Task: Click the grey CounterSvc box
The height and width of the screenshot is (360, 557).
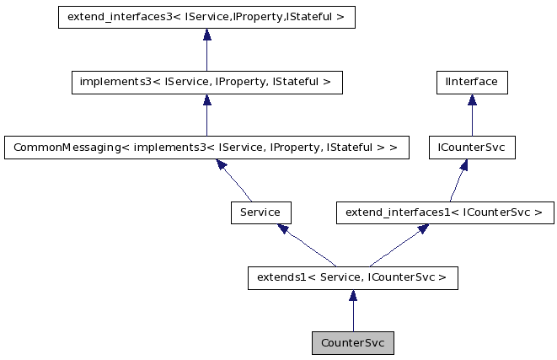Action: click(352, 343)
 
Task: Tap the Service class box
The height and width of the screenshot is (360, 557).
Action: click(260, 212)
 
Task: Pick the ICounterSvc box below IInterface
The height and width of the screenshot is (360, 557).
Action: click(471, 148)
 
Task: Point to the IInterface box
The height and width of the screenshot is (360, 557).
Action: click(471, 83)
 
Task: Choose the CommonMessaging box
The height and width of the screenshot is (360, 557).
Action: click(206, 148)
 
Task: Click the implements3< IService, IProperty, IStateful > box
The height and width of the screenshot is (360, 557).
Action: click(206, 83)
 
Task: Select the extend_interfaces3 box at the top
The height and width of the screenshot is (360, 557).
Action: click(206, 18)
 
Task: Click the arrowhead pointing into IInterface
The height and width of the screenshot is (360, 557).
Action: click(471, 100)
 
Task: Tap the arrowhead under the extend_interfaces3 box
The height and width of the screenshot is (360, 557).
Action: click(206, 35)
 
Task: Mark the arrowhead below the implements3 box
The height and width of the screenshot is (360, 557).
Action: click(206, 100)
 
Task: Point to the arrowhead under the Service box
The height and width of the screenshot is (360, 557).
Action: click(283, 228)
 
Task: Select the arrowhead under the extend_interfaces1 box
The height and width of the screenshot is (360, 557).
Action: click(422, 228)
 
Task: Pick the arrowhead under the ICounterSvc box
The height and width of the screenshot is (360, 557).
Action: click(464, 165)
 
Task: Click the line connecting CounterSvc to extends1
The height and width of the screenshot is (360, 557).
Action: click(352, 317)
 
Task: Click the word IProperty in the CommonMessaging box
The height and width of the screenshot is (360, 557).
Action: click(294, 148)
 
